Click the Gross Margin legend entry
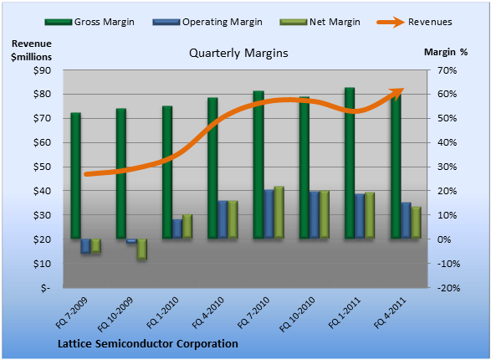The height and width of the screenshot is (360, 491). pos(90,22)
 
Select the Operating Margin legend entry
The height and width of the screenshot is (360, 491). pos(207,22)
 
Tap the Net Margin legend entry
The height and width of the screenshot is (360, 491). pos(320,22)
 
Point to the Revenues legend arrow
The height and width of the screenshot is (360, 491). pos(391,22)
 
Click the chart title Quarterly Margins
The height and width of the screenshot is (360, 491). pos(238,53)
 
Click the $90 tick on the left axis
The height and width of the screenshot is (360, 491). pos(43,70)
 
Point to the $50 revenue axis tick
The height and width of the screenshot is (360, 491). pos(43,167)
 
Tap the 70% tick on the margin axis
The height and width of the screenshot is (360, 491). pos(448,70)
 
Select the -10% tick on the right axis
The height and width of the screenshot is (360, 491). pos(448,264)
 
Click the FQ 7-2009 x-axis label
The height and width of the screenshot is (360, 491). pos(72,313)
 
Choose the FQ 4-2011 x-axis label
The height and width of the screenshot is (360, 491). pos(390,313)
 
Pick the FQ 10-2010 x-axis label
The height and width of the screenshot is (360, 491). pos(297,315)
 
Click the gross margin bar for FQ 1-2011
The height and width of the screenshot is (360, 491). pos(350,163)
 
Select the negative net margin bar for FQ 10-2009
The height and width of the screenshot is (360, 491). pos(142,249)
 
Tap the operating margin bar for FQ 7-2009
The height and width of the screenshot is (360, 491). pos(85,246)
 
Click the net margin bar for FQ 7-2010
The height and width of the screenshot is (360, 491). pos(279,213)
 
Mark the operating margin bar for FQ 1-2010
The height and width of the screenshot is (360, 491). pos(177,229)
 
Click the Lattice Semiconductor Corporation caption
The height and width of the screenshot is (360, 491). pos(148,344)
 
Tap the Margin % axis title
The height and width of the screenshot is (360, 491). pos(446,52)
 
